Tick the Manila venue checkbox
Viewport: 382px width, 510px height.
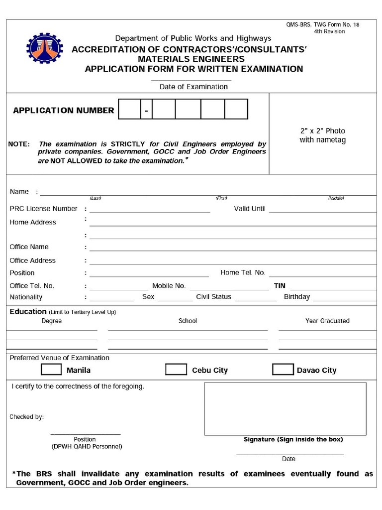pos(51,370)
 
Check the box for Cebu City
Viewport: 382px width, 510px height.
pos(176,370)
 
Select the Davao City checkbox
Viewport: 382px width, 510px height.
pos(283,370)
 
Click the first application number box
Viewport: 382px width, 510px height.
pos(129,109)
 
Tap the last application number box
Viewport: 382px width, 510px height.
pos(236,109)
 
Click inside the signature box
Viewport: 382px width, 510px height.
pos(285,408)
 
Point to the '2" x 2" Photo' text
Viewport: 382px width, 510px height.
pos(322,131)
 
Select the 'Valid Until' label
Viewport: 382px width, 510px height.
pos(250,209)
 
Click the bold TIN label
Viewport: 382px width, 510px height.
pos(280,286)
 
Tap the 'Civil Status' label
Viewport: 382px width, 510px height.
pos(213,297)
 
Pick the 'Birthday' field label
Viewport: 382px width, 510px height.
pos(296,297)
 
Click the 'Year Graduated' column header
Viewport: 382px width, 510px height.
pos(327,321)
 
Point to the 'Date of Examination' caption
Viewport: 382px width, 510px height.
pos(193,87)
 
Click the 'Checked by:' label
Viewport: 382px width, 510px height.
pos(27,417)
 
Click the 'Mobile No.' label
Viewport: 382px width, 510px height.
pos(169,286)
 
